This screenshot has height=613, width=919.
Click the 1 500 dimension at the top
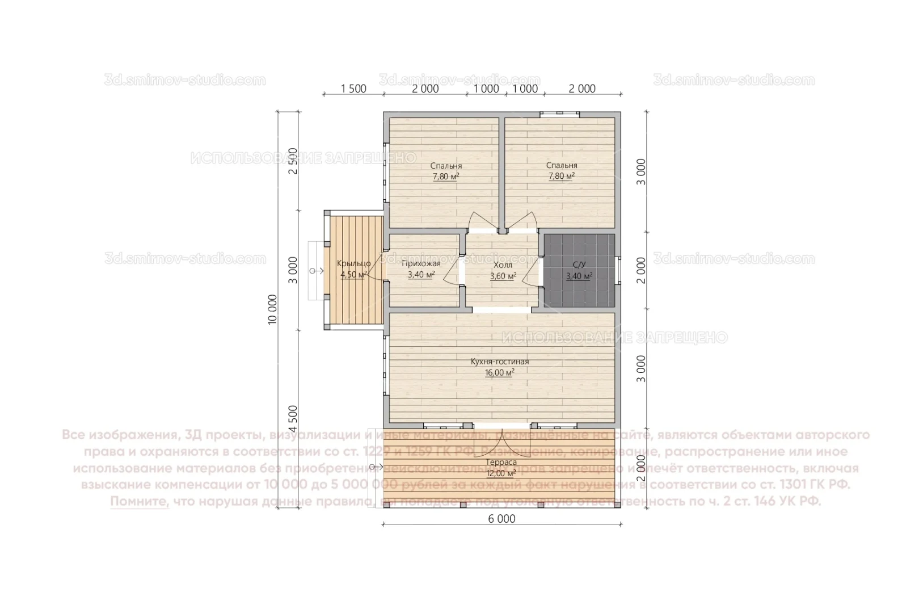click(353, 89)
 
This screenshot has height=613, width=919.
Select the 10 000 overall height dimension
click(274, 309)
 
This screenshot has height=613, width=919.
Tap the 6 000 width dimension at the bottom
click(501, 519)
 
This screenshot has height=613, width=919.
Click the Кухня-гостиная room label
click(500, 362)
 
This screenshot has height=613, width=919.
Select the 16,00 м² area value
click(500, 373)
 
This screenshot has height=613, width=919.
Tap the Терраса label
click(501, 463)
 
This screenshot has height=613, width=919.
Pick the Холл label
click(503, 265)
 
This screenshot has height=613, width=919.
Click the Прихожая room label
click(421, 264)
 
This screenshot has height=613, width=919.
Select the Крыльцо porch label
click(354, 263)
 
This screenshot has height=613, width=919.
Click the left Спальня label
click(446, 166)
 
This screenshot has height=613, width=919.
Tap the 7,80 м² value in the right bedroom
click(562, 177)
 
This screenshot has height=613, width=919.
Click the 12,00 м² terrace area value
click(501, 473)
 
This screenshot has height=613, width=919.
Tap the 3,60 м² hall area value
click(503, 276)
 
